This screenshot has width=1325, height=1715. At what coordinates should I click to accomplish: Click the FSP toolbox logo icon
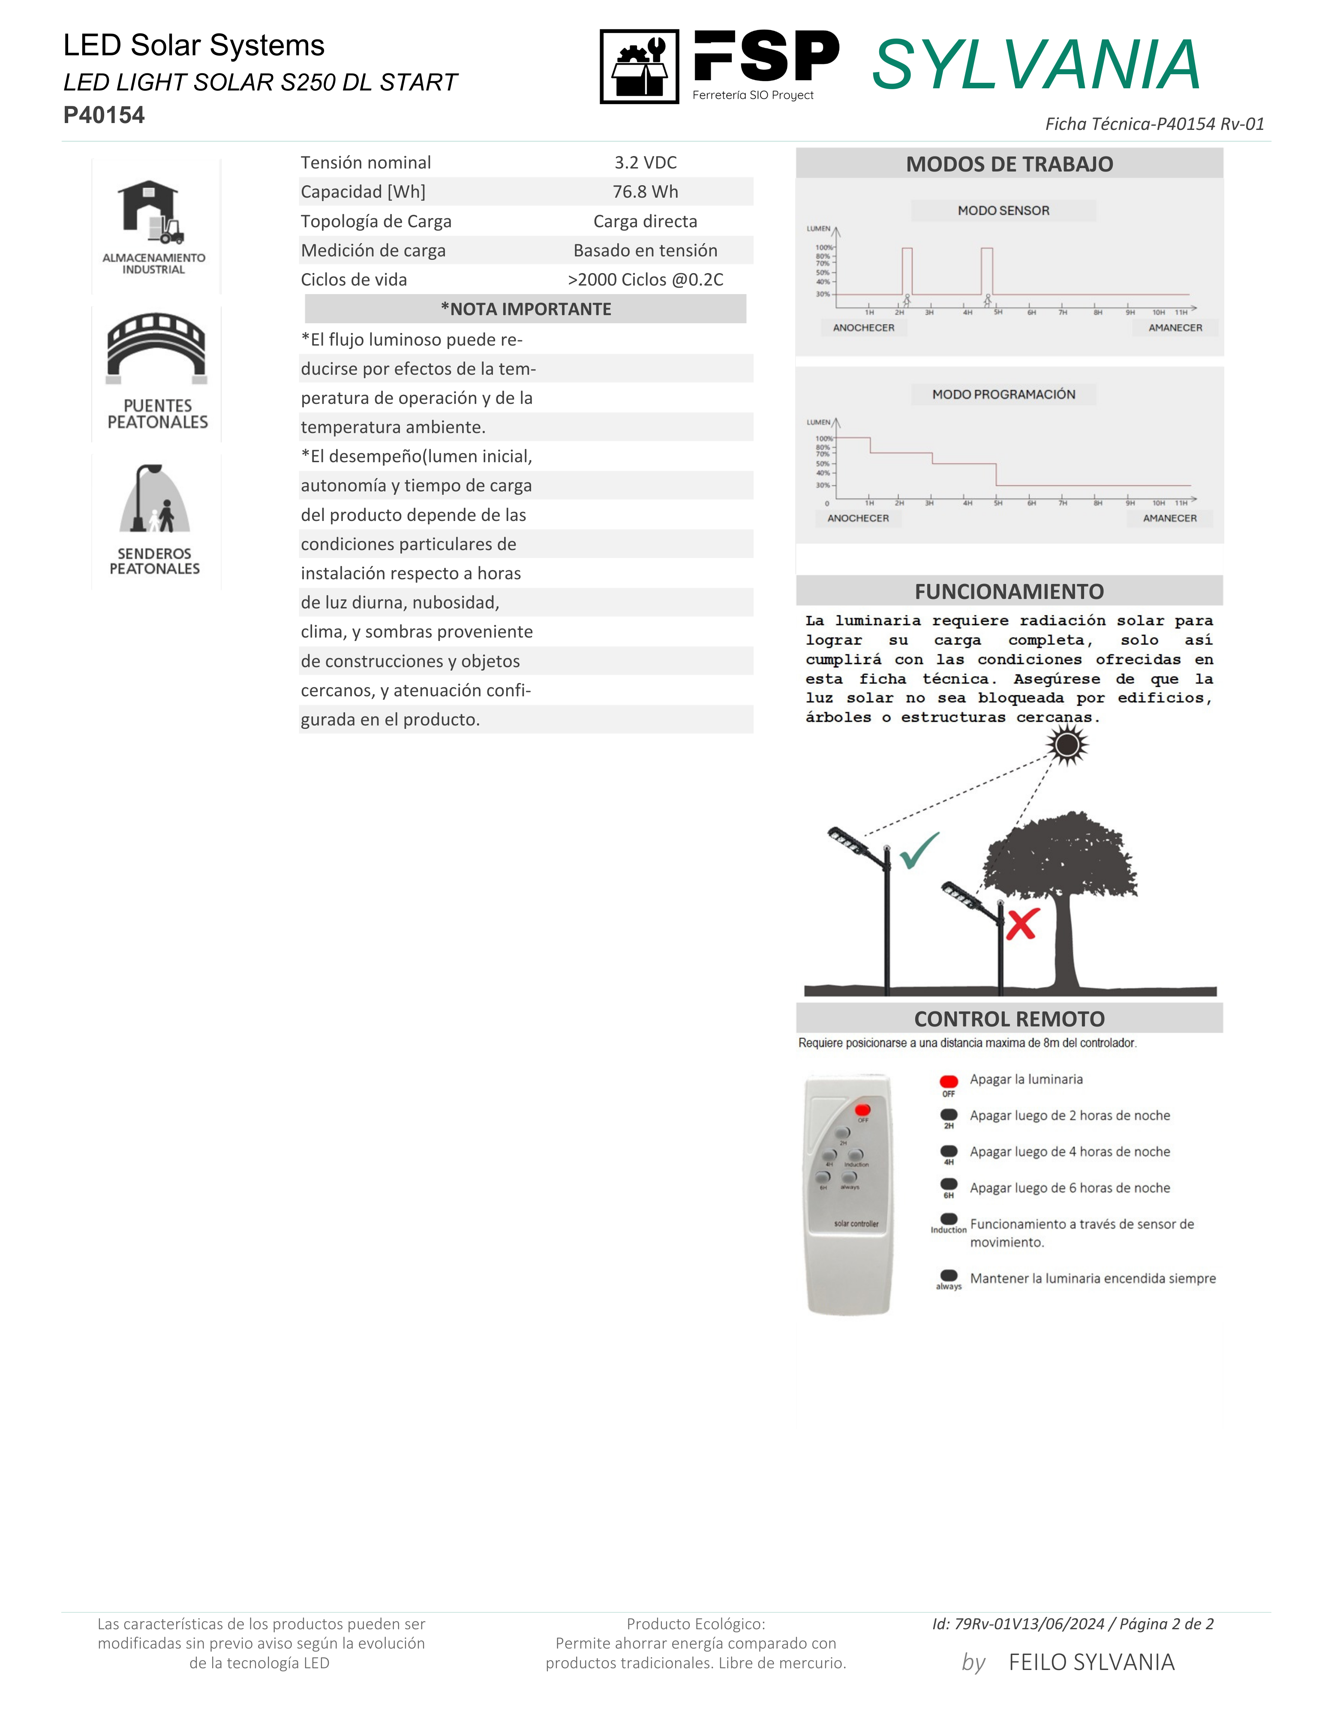tap(639, 67)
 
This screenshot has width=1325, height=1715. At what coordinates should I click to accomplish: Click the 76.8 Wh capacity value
tap(645, 192)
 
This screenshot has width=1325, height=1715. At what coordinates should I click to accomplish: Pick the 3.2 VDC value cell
tap(645, 162)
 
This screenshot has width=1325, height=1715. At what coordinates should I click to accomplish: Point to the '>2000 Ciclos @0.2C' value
tap(645, 280)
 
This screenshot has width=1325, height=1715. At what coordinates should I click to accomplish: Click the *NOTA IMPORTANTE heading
tap(525, 309)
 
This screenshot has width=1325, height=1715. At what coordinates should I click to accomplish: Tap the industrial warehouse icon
tap(153, 212)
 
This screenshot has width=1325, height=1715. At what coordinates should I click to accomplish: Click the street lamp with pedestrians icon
tap(155, 499)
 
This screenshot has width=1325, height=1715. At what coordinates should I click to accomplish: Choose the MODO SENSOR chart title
tap(1003, 211)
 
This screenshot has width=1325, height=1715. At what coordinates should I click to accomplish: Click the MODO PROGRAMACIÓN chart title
tap(1003, 394)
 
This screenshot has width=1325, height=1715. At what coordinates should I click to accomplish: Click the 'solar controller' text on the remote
tap(856, 1223)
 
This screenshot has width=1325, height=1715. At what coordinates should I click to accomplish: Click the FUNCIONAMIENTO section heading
tap(1009, 591)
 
